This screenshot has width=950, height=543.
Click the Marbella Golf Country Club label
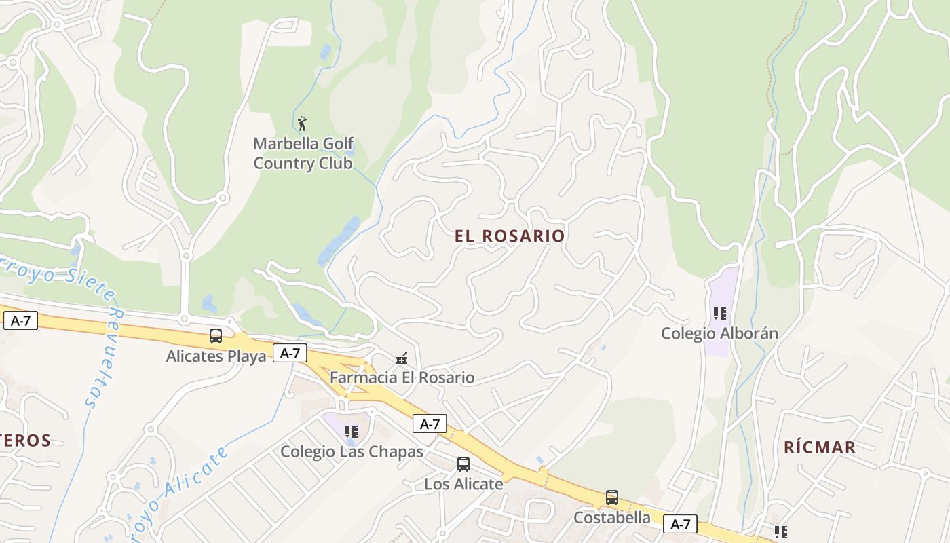pos(303,153)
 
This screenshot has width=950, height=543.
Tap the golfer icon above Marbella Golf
pos(303,124)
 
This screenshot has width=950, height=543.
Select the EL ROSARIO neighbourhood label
pos(510,236)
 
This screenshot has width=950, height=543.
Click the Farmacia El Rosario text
pos(402,377)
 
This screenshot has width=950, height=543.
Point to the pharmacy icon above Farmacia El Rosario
pos(402,358)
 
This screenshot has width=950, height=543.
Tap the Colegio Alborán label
pos(719,333)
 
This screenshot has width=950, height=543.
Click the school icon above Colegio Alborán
pos(720,314)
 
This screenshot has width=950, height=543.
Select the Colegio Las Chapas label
pos(351,451)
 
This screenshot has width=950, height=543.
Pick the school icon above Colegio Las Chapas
pos(351,431)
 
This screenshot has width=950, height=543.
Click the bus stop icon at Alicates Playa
pos(216,335)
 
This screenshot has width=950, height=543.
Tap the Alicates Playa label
pos(216,356)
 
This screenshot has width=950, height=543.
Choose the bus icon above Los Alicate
pos(463,464)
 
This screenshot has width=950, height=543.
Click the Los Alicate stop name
pos(463,484)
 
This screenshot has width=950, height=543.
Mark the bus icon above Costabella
pos(612,498)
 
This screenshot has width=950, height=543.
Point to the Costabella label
pos(612,518)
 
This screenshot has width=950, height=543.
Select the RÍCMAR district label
pos(820,447)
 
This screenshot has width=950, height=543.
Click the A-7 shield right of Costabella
pos(680,524)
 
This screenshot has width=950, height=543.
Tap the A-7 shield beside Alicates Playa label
pos(290,353)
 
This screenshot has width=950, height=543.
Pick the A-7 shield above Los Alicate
pos(430,424)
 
